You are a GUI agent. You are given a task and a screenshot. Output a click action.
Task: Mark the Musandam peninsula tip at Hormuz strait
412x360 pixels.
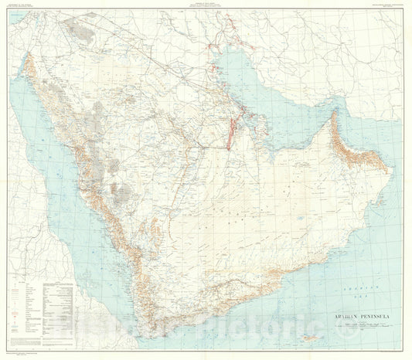click(x=333, y=114)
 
